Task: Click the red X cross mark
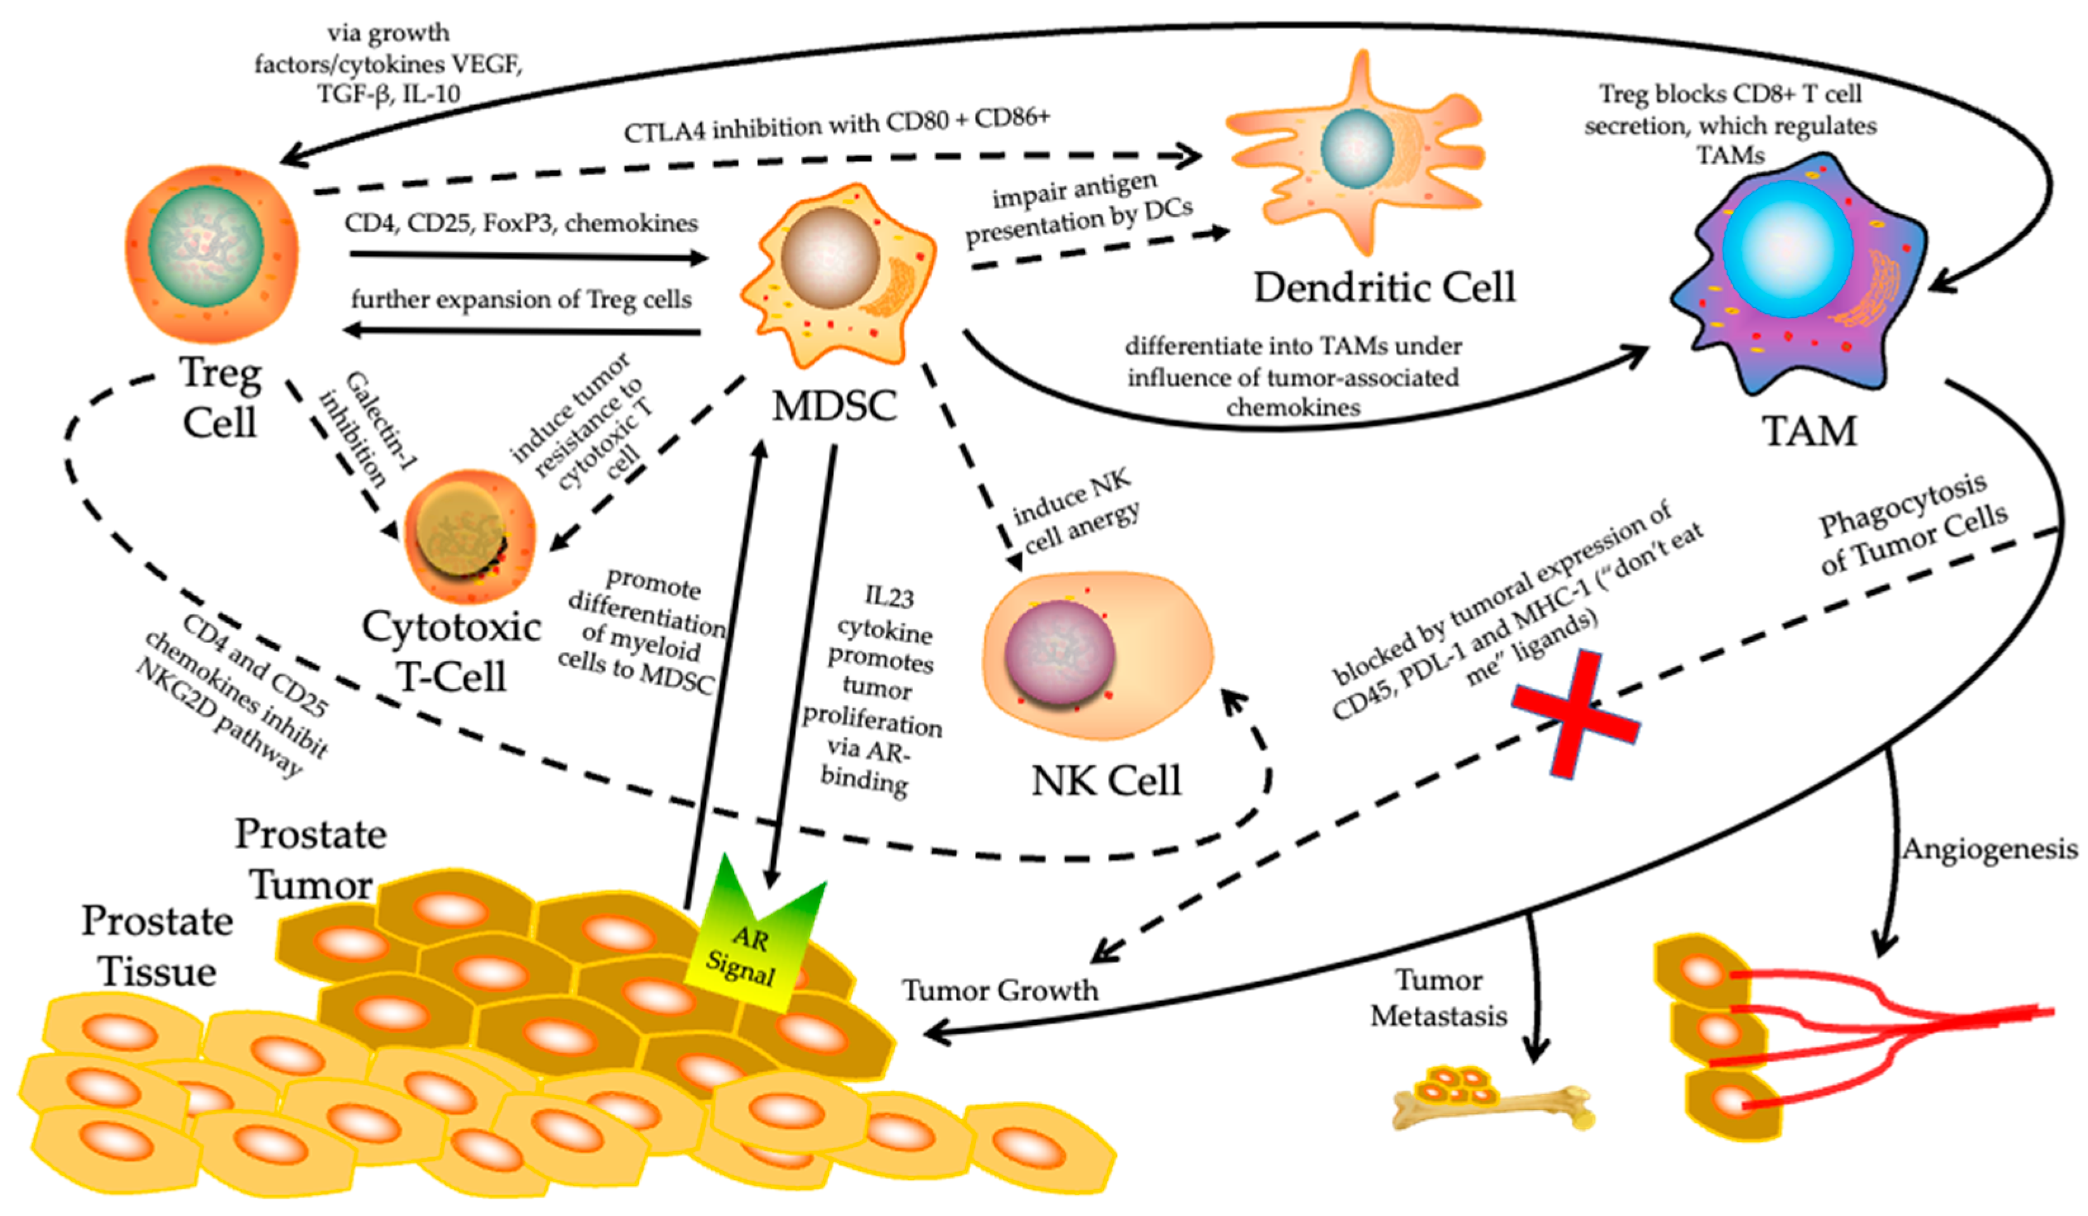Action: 1575,714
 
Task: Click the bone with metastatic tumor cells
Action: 1492,1106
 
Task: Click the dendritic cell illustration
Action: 1359,153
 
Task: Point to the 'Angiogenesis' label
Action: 1988,849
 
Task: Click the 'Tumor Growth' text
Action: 1000,990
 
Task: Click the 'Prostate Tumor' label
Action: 311,860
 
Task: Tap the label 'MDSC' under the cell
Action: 834,407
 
